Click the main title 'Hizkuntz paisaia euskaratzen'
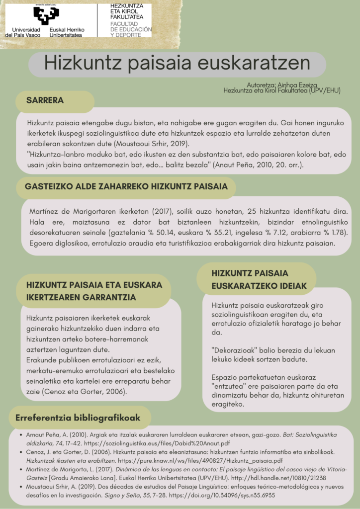pyautogui.click(x=177, y=64)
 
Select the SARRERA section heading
pyautogui.click(x=45, y=100)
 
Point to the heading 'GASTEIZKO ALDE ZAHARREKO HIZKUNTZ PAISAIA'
pyautogui.click(x=126, y=186)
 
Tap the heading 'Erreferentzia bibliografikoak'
pyautogui.click(x=79, y=418)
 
